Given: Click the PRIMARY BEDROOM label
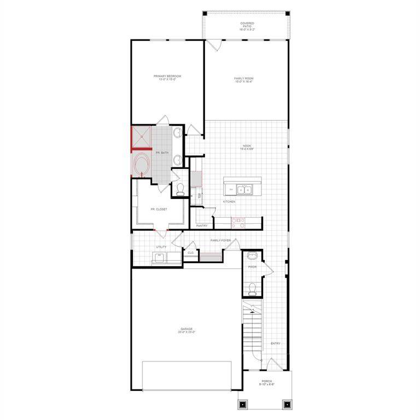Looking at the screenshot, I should (x=167, y=77).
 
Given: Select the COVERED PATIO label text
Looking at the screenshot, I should (x=247, y=26).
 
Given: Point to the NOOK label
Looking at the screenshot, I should (x=246, y=147).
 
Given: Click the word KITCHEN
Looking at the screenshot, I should (x=229, y=202).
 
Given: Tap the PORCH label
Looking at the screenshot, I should (x=266, y=382).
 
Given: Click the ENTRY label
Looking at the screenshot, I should (x=275, y=343).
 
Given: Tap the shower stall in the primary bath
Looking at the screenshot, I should (x=141, y=137).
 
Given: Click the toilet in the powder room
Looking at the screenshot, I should (x=252, y=288).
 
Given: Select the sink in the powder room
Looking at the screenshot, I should (x=252, y=256).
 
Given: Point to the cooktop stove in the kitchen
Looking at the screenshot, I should (x=239, y=222).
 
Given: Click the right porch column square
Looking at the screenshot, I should (x=286, y=405).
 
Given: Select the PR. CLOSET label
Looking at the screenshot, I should (x=159, y=209).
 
